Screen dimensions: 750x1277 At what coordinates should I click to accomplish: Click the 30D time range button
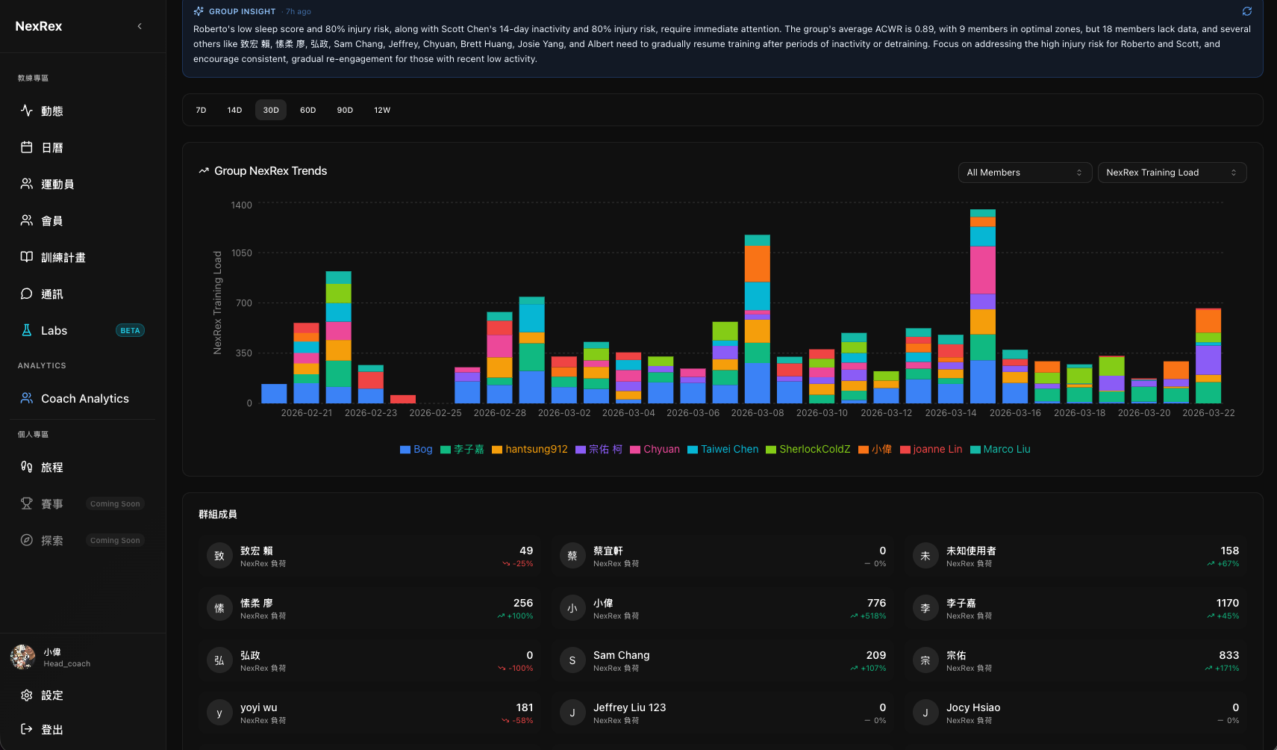271,110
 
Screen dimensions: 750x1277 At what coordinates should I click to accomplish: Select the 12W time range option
382,110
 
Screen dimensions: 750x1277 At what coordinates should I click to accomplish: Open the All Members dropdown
1024,173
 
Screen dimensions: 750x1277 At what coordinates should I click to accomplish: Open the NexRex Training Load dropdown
1171,173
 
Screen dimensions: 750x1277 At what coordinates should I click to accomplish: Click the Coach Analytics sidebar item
84,399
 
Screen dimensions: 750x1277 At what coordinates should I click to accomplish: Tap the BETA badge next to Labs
130,331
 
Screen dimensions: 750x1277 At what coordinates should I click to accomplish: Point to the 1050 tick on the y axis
242,253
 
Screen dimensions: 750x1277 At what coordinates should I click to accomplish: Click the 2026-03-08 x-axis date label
758,413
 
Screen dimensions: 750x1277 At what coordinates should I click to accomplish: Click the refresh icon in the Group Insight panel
1246,11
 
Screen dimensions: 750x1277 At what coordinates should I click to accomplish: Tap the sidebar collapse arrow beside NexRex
140,26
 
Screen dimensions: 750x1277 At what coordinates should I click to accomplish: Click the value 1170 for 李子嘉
1227,603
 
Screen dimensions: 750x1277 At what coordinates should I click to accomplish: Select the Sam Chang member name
621,655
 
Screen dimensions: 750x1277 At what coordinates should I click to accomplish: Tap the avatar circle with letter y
219,713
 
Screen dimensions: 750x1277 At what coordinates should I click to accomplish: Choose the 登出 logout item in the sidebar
51,730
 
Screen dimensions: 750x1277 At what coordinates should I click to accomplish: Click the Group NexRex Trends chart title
270,171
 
